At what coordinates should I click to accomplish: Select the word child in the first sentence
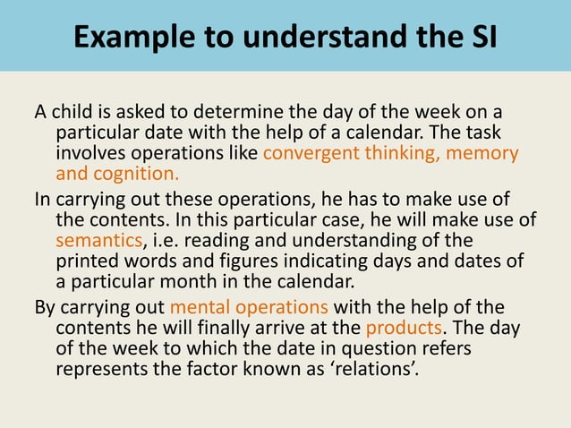click(x=74, y=112)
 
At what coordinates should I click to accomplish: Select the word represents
click(x=99, y=368)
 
